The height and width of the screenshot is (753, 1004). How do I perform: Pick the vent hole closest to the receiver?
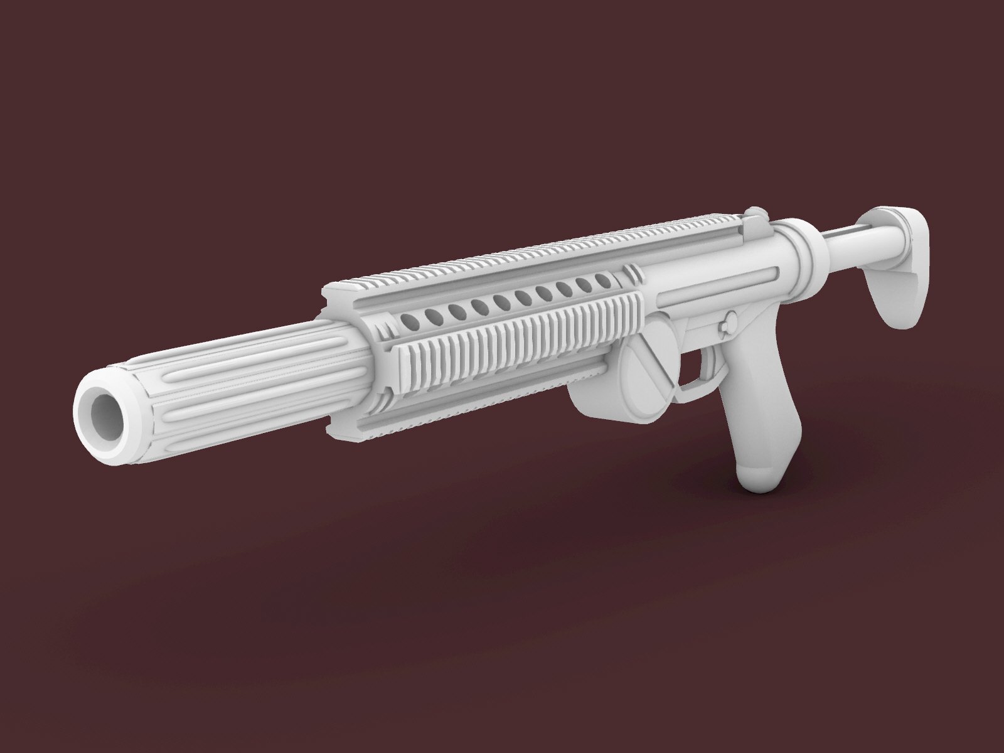606,282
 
